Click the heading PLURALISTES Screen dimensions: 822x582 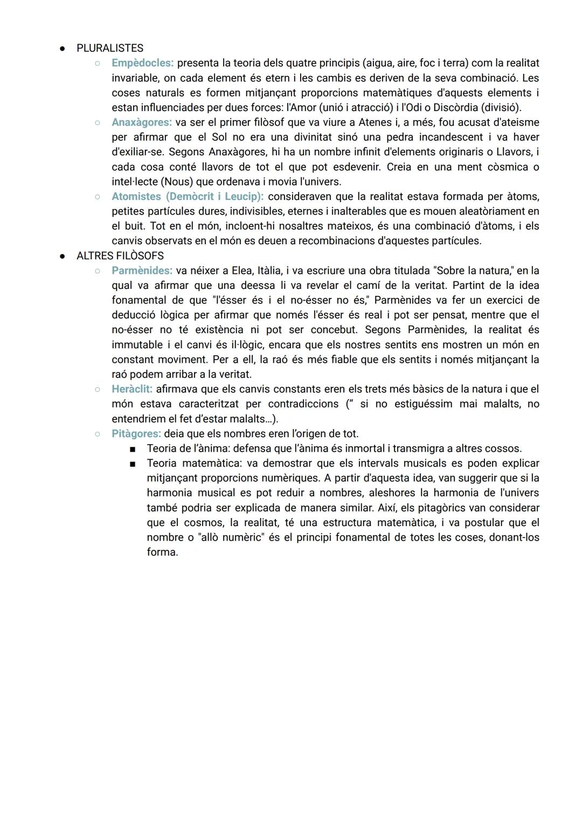click(x=110, y=49)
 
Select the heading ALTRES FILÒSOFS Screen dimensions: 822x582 click(x=120, y=256)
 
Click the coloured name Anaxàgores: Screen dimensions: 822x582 click(x=142, y=122)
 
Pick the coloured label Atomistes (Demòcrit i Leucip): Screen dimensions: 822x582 click(x=188, y=197)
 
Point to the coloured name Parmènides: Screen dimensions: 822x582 click(x=142, y=271)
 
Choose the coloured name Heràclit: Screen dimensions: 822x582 click(x=132, y=389)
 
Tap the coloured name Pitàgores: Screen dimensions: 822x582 click(x=136, y=434)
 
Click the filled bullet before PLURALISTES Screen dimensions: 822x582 click(x=63, y=49)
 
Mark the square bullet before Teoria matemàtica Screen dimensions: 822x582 click(x=132, y=464)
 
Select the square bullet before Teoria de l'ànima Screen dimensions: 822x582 click(x=132, y=449)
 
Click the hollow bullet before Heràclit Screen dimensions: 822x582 click(x=98, y=389)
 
